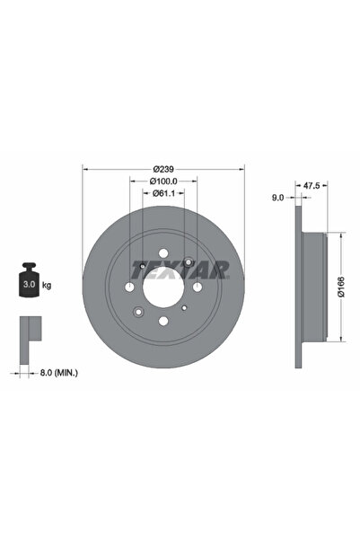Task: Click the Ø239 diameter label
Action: point(162,169)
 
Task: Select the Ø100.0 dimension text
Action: point(162,181)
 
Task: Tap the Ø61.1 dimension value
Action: point(162,193)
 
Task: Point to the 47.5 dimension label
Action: point(312,184)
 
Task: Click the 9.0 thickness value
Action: point(277,196)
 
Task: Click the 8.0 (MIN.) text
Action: point(58,368)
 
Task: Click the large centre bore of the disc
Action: point(162,286)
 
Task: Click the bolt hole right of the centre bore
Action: point(196,286)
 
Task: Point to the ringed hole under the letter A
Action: point(186,262)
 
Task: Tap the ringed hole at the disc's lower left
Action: point(139,311)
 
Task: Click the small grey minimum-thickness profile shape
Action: point(29,332)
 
